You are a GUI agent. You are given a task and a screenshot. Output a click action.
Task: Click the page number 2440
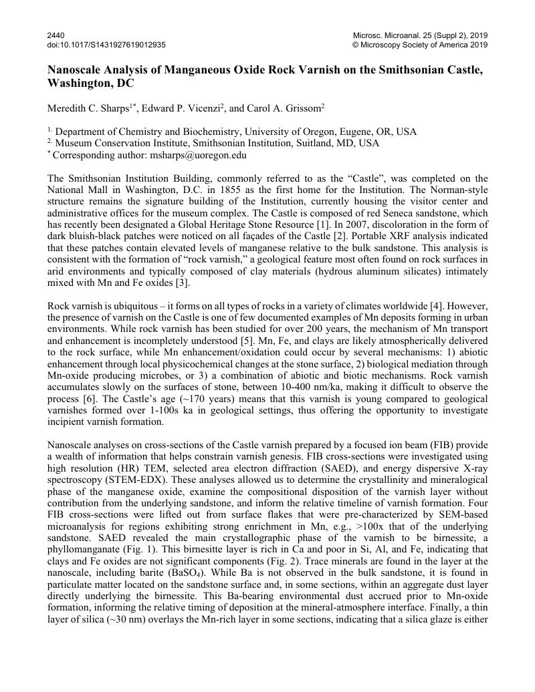pos(56,35)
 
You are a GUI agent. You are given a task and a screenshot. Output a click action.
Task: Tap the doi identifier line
pos(107,45)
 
